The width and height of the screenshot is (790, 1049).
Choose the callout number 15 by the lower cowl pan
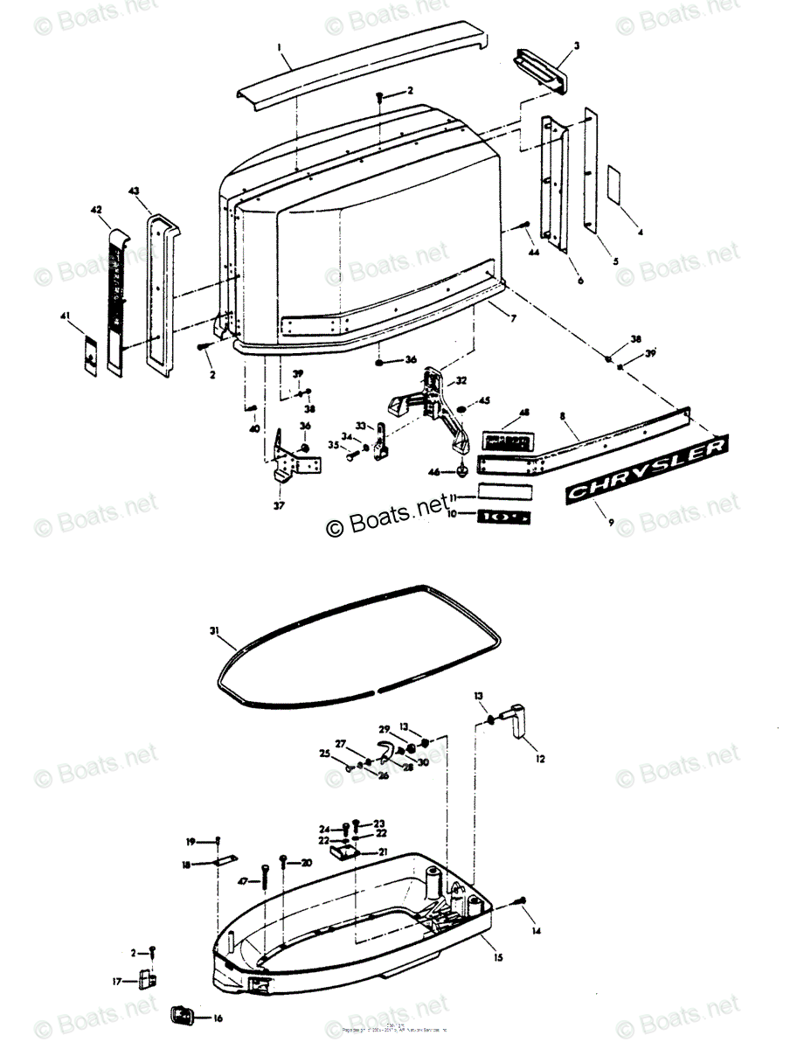499,958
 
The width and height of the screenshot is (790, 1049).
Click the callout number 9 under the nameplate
611,523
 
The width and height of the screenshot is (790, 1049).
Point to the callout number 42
96,210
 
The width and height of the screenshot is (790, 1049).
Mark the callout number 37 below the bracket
280,505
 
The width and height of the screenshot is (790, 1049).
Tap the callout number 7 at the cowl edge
513,318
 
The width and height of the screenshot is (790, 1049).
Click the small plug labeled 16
180,1017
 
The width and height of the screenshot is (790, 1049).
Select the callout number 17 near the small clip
116,981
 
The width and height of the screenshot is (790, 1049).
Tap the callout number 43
134,190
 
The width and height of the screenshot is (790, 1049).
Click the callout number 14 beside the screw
537,931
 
